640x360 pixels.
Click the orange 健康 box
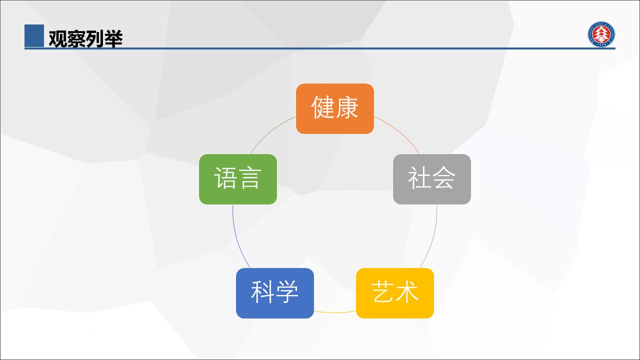335,108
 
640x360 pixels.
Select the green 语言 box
237,179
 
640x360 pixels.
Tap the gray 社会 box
432,179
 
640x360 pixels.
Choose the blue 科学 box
275,293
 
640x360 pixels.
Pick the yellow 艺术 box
395,293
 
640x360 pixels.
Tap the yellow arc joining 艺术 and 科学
335,312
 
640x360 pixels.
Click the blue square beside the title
34,35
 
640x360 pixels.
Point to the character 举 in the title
113,38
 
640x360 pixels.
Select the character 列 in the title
95,38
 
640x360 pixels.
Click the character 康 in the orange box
347,107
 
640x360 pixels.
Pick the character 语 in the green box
225,177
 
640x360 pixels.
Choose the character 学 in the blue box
287,291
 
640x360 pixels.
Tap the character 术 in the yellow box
407,291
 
